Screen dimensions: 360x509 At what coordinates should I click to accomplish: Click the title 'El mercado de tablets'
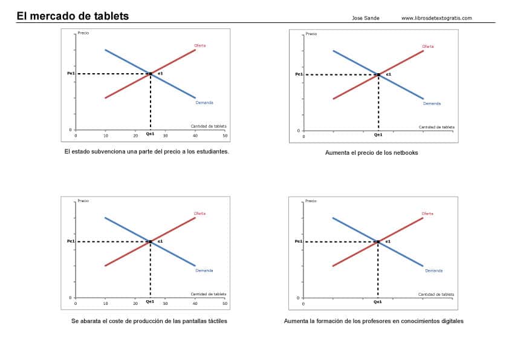[x=73, y=16]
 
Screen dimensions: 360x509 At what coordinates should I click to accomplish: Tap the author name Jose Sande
[x=366, y=18]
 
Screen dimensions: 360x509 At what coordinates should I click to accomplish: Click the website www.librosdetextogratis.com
[x=436, y=18]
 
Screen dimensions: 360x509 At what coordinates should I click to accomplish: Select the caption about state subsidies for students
[x=146, y=152]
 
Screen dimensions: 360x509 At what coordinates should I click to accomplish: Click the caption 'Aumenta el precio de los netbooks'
[x=371, y=152]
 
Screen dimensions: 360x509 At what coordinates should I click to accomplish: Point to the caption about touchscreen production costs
[x=149, y=321]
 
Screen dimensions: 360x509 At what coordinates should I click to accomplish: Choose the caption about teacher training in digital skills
[x=374, y=321]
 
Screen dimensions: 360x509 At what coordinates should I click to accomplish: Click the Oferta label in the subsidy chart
[x=200, y=45]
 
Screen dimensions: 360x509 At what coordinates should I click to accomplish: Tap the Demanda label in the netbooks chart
[x=432, y=103]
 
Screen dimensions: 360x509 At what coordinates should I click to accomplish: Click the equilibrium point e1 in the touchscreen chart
[x=151, y=241]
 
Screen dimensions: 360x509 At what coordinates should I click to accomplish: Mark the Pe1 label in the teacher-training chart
[x=299, y=241]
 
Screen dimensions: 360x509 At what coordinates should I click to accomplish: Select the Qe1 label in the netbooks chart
[x=378, y=135]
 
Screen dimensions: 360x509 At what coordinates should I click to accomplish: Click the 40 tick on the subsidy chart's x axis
[x=195, y=135]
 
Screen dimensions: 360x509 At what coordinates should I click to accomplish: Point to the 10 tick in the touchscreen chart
[x=105, y=303]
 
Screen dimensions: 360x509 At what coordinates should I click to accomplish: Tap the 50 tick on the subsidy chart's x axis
[x=224, y=135]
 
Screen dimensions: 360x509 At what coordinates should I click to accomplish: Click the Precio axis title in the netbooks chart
[x=311, y=34]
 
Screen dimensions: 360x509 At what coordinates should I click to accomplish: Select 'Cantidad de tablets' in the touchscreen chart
[x=209, y=294]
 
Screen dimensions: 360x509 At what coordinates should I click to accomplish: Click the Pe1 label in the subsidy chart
[x=71, y=73]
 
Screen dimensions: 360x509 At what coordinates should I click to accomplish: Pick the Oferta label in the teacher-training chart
[x=427, y=213]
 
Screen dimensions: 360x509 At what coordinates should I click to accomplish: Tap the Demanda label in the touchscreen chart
[x=204, y=270]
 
